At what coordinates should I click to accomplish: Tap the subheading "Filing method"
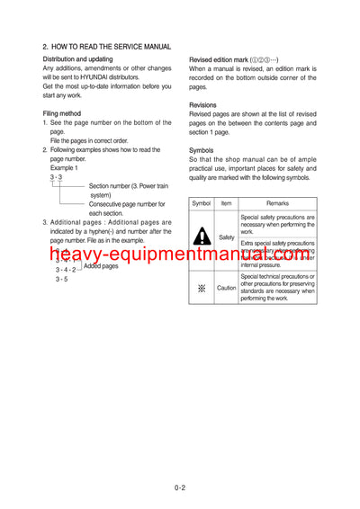pyautogui.click(x=62, y=113)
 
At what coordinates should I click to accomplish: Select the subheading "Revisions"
pyautogui.click(x=202, y=105)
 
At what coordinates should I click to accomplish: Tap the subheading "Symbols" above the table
pyautogui.click(x=201, y=149)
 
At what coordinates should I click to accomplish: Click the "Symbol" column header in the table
pyautogui.click(x=202, y=204)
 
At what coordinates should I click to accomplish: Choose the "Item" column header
pyautogui.click(x=227, y=204)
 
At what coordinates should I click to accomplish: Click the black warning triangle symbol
pyautogui.click(x=202, y=237)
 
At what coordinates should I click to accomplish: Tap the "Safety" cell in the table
pyautogui.click(x=227, y=237)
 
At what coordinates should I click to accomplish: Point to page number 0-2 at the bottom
pyautogui.click(x=180, y=490)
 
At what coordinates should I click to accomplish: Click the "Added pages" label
pyautogui.click(x=101, y=266)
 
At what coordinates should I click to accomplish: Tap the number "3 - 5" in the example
pyautogui.click(x=61, y=279)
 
